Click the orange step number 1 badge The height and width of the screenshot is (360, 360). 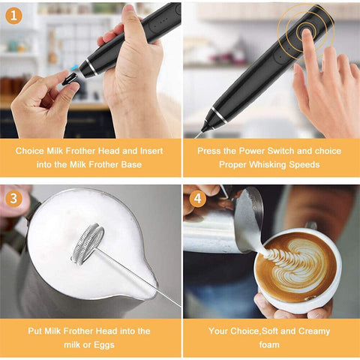point(14,14)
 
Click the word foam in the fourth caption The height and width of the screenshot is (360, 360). point(270,344)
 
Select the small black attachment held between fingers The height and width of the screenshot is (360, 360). point(70,78)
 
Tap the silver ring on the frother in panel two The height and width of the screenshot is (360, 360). point(216,117)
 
